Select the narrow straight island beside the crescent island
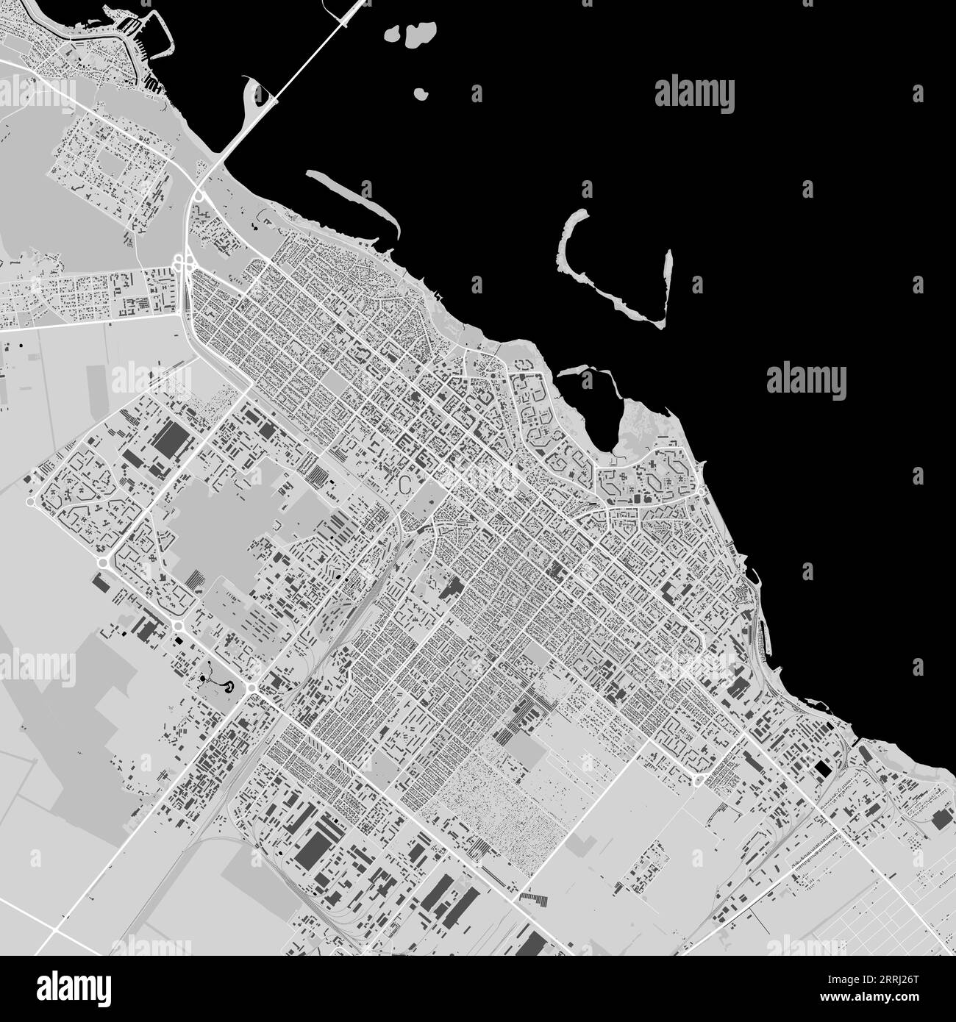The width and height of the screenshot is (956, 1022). coord(667,287)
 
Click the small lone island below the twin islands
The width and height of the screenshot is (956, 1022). coord(421,94)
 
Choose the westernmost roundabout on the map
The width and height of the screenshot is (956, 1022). coord(30,502)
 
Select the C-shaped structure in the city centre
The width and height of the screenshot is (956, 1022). coord(404,483)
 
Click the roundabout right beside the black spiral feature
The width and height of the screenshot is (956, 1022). coord(252,688)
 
